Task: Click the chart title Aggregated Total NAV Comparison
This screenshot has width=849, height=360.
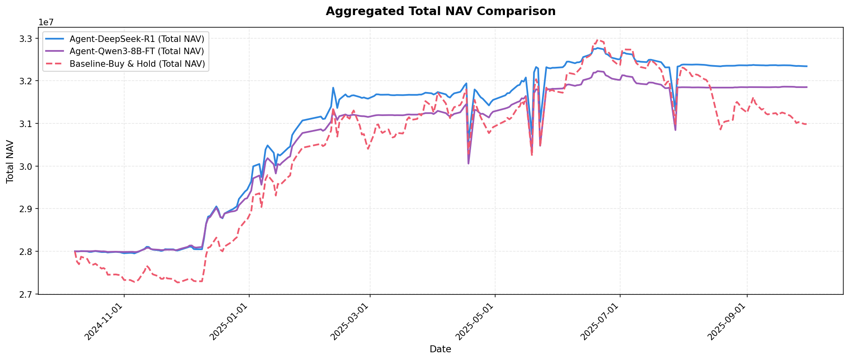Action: [x=440, y=11]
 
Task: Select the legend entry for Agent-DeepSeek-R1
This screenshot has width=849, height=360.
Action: [x=137, y=39]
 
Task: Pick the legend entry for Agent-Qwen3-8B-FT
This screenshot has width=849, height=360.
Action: [x=137, y=52]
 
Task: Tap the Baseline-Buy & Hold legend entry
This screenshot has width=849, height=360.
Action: [x=137, y=64]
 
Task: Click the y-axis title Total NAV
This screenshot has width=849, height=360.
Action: [x=10, y=162]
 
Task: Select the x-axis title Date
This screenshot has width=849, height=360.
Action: [x=440, y=349]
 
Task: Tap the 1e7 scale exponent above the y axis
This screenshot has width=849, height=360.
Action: [x=46, y=22]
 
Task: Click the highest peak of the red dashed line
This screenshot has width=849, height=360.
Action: [x=597, y=40]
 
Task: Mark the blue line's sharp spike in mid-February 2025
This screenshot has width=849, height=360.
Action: [x=333, y=88]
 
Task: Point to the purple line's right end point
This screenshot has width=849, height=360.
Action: [x=807, y=87]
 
